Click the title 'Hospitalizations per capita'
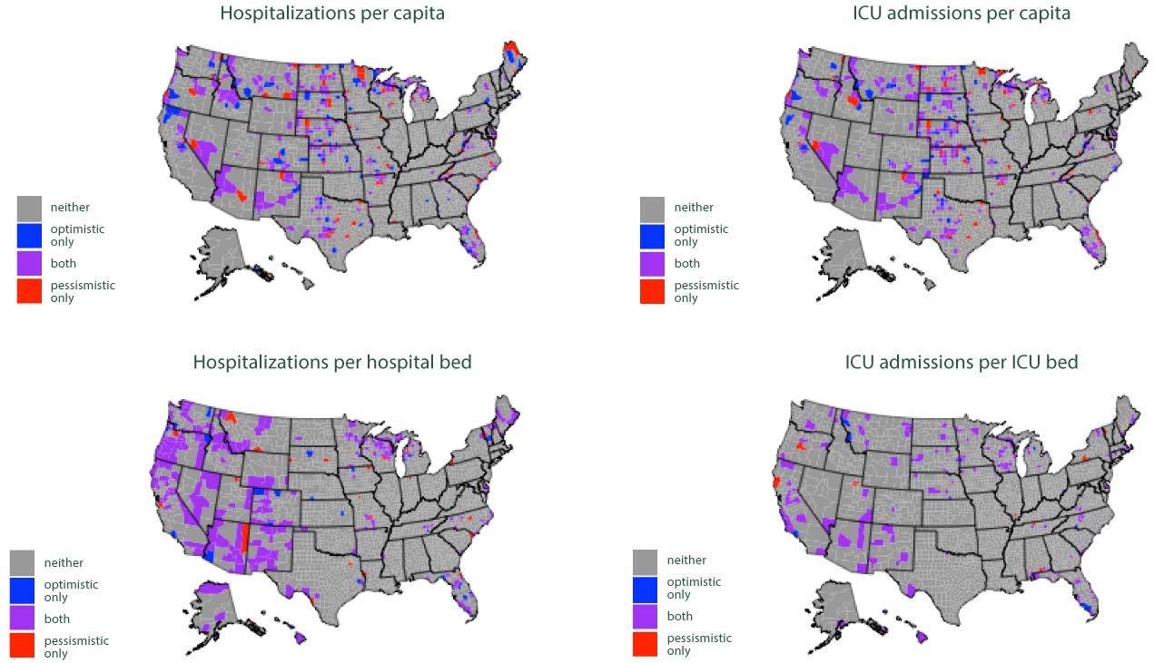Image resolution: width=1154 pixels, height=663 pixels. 331,14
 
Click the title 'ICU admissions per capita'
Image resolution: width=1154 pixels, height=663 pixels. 961,14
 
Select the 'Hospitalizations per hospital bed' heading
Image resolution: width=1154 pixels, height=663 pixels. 331,362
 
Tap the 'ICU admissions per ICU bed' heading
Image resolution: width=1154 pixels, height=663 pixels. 961,362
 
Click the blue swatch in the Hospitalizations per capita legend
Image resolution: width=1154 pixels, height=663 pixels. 29,236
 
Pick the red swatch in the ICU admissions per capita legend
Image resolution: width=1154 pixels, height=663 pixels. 653,291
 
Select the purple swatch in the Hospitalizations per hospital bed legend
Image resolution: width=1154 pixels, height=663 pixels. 23,618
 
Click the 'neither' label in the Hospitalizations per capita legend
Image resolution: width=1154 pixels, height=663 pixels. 70,208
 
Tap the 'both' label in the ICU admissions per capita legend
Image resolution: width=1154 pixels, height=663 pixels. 687,264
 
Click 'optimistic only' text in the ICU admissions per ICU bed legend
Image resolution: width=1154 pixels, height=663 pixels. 694,588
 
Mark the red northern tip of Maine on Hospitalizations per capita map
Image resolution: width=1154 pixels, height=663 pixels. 511,47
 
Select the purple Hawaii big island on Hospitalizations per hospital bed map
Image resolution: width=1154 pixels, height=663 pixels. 300,639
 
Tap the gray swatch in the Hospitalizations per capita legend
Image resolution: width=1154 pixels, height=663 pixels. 29,208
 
